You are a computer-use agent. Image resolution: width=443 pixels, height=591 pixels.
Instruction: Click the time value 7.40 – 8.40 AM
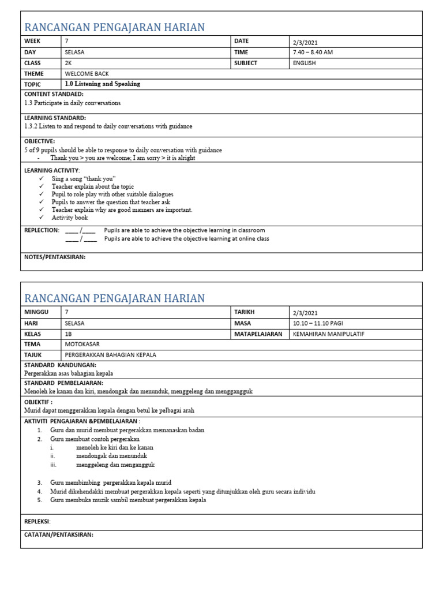[313, 52]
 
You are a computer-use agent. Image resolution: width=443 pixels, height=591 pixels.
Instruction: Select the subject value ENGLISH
[304, 63]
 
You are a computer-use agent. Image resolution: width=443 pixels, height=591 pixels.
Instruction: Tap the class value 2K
[69, 63]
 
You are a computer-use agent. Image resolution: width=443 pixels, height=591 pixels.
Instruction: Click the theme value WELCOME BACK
[87, 74]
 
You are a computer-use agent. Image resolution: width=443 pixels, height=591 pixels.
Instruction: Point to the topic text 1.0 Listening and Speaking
[102, 84]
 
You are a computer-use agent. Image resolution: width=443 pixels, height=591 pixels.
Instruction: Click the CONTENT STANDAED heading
[54, 94]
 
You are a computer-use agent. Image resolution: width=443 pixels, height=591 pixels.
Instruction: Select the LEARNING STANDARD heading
[55, 118]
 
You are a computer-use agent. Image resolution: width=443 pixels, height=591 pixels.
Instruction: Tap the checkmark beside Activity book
[42, 218]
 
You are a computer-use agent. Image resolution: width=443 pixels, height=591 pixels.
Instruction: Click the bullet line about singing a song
[84, 179]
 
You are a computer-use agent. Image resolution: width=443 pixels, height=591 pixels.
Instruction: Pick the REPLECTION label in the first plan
[41, 230]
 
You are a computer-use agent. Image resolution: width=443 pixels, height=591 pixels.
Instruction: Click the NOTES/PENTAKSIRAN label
[54, 257]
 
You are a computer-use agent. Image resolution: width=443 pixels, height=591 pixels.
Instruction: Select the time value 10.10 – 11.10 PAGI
[317, 323]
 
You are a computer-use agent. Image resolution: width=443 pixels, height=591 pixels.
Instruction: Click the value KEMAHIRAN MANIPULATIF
[329, 334]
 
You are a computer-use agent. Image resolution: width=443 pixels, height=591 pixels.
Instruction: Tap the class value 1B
[69, 334]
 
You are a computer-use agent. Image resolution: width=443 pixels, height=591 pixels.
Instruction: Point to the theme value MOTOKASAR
[82, 345]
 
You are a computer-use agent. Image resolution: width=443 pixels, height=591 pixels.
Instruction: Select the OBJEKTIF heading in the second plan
[38, 402]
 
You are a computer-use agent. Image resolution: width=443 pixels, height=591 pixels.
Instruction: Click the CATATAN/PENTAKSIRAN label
[58, 534]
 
